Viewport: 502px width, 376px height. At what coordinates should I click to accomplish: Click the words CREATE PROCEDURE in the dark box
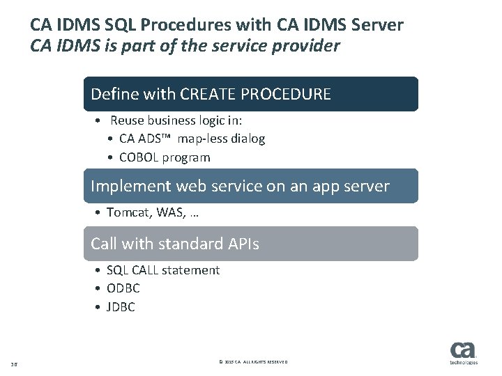[x=255, y=94]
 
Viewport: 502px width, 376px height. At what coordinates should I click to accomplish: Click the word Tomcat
[x=129, y=212]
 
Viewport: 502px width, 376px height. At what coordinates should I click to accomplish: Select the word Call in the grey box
[x=105, y=244]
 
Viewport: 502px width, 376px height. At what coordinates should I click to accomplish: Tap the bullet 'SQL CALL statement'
[x=163, y=269]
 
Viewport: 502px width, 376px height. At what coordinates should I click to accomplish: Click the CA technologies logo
[x=463, y=353]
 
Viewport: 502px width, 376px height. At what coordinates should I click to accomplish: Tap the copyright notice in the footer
[x=252, y=363]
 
